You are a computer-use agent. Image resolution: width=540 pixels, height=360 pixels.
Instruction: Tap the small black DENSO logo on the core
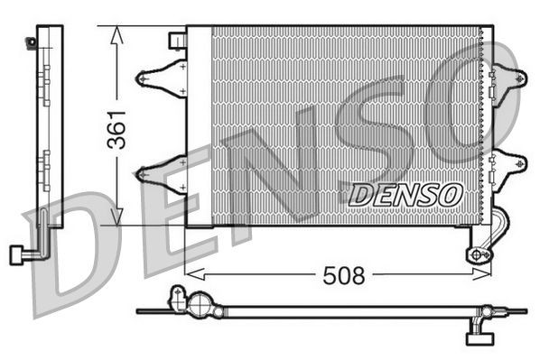click(405, 192)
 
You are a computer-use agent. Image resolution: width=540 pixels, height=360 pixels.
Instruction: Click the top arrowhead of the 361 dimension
click(116, 34)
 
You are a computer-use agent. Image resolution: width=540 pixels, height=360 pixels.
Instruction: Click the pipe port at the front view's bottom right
click(478, 254)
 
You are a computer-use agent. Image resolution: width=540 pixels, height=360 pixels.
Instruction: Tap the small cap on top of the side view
click(34, 40)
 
